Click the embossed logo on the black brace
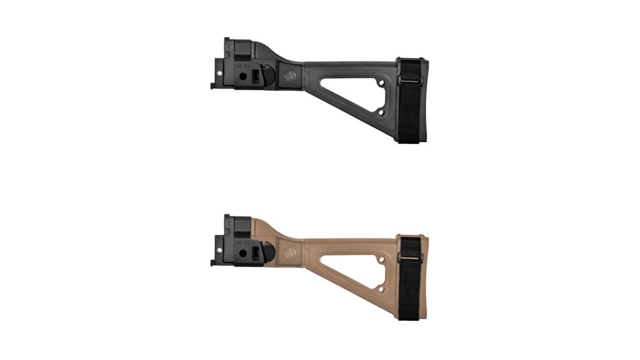(x=290, y=76)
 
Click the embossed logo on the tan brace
(x=290, y=253)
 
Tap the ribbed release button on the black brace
(x=268, y=76)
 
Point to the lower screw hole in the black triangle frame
(x=381, y=112)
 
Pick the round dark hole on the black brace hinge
(x=243, y=76)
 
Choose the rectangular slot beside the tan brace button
(x=256, y=253)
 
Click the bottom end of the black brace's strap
(x=410, y=138)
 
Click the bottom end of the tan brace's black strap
(x=410, y=315)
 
